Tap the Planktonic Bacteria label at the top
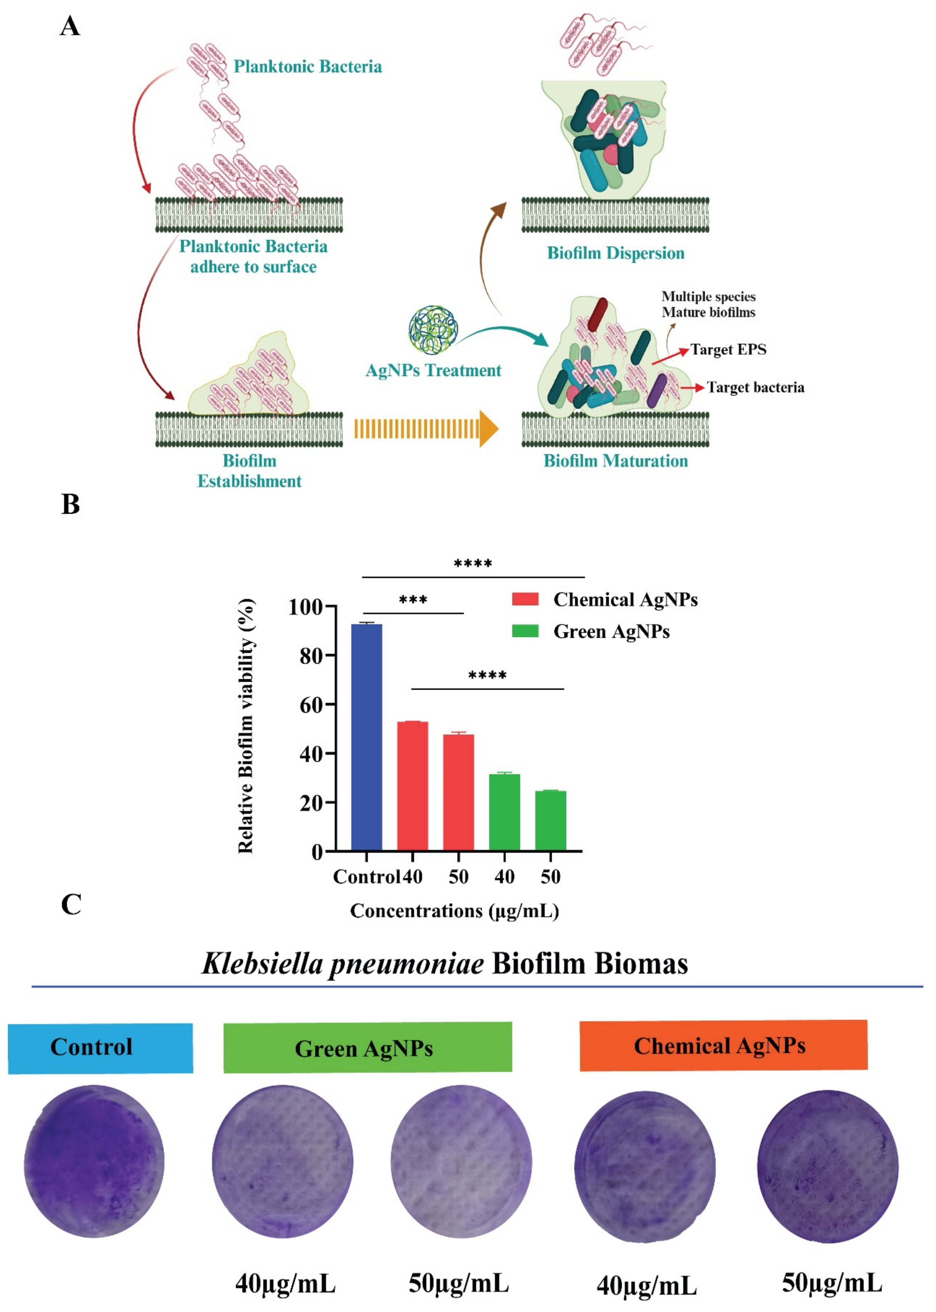pos(307,67)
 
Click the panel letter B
pos(70,504)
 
